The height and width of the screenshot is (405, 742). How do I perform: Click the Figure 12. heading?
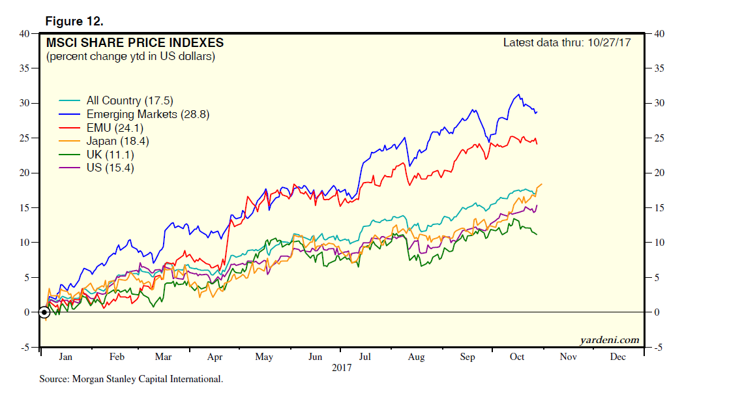(74, 22)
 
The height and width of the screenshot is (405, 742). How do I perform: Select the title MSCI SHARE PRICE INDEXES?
(134, 43)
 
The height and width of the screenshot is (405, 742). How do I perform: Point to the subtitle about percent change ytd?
(130, 57)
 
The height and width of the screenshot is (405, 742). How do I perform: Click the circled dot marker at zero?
(44, 312)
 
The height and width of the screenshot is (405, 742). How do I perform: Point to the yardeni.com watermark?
(608, 340)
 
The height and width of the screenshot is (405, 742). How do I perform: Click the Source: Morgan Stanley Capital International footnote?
(131, 378)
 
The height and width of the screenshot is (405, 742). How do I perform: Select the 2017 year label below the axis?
(341, 367)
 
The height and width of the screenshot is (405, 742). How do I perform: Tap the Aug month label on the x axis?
(416, 357)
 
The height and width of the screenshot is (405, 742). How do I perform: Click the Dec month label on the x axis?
(617, 357)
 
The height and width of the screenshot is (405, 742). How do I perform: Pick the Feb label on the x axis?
(117, 357)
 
